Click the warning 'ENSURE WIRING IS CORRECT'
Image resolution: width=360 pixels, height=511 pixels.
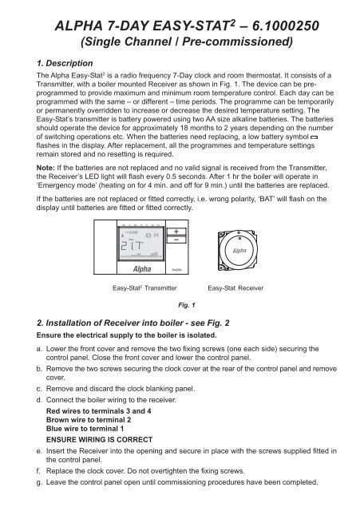[104, 462]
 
